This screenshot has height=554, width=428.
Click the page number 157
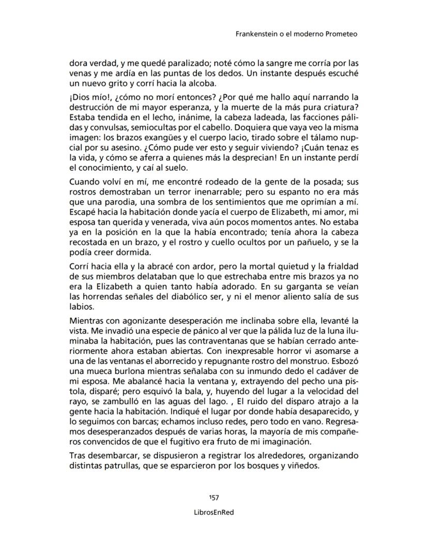[214, 497]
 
